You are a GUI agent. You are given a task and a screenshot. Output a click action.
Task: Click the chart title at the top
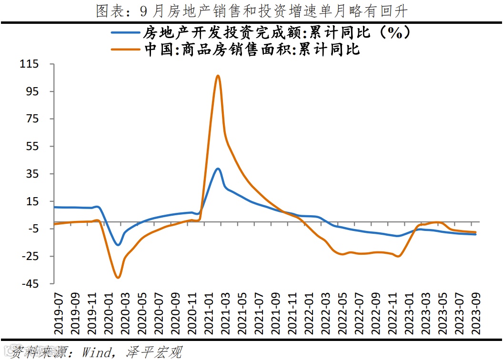(x=251, y=10)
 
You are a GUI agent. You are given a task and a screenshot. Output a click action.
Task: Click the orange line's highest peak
(x=217, y=76)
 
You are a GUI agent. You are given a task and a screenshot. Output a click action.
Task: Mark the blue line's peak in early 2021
(x=217, y=169)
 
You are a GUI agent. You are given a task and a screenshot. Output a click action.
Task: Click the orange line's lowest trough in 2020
(x=118, y=277)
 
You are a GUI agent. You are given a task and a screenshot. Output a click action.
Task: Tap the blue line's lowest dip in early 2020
(x=118, y=245)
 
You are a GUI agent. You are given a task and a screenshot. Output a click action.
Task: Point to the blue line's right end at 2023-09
(x=476, y=234)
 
